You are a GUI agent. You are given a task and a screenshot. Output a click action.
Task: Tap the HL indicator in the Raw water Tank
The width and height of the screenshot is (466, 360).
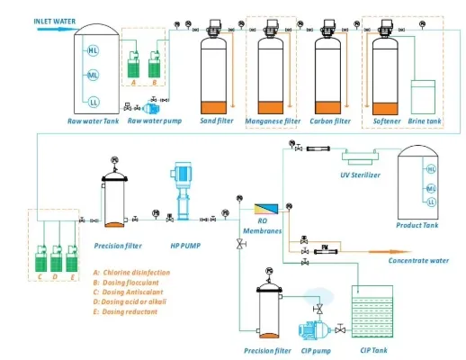[93, 50]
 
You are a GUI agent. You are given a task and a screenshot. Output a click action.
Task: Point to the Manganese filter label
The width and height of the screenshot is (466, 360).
[273, 120]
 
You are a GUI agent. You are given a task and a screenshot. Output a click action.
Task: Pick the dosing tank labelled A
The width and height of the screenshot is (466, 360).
[133, 64]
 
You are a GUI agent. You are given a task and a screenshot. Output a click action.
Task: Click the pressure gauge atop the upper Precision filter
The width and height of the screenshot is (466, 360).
[114, 162]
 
